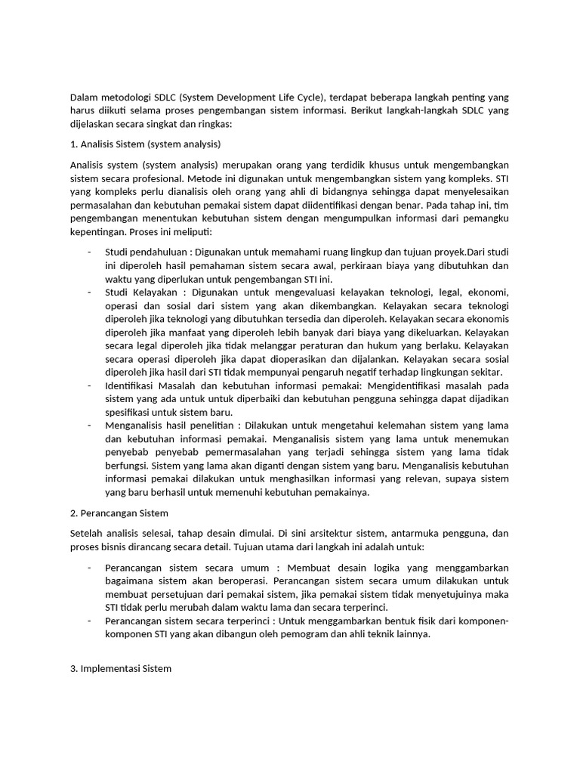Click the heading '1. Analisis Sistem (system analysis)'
145,144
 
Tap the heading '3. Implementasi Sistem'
121,669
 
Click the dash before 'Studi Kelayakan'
89,293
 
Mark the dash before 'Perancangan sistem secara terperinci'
89,621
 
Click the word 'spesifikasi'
130,412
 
